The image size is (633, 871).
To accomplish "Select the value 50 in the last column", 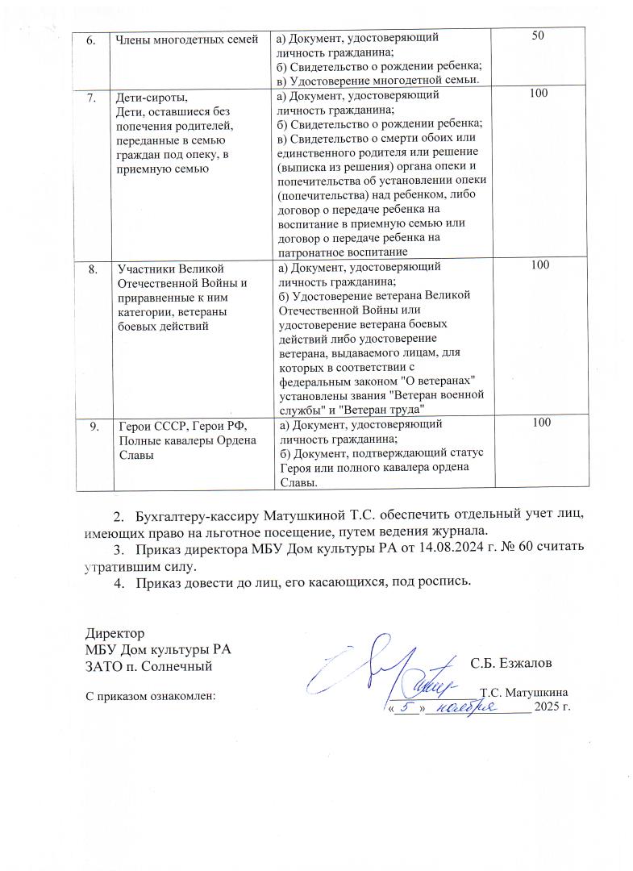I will pos(539,38).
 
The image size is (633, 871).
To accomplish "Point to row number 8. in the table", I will pos(91,268).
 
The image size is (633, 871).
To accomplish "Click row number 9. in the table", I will pos(91,425).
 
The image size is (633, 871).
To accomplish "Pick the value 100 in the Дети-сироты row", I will pos(539,95).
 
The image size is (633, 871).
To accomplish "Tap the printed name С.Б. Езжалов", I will pos(510,664).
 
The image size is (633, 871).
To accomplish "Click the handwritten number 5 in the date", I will pos(409,706).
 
